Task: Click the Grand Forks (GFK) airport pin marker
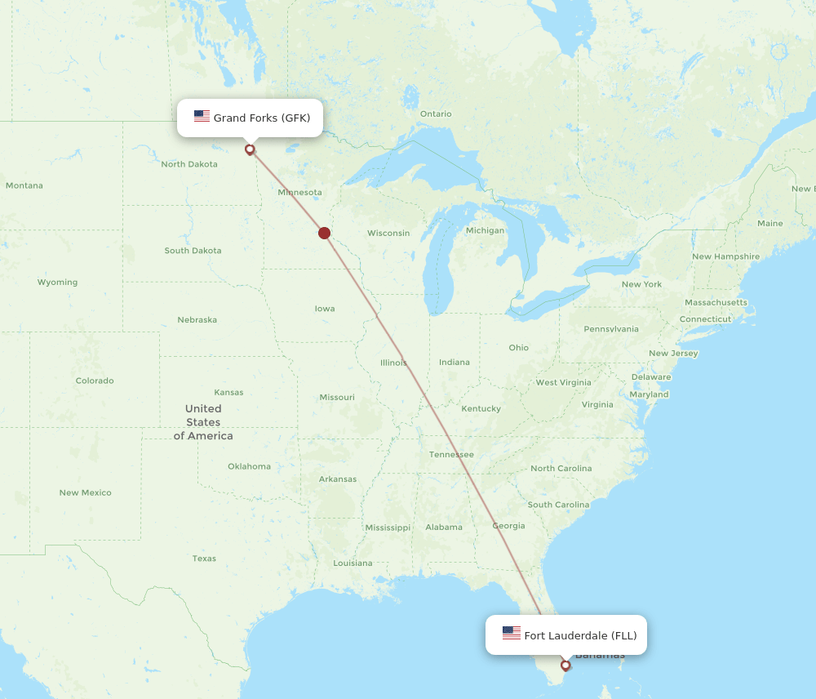coord(250,149)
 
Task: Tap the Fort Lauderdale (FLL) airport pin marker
coord(565,665)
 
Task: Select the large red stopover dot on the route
coord(324,233)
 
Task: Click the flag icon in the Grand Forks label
coord(202,117)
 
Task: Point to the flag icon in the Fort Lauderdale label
coord(512,634)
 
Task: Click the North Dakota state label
coord(189,164)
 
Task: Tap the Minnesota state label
coord(299,193)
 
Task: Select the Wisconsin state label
coord(388,234)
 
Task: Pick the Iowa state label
coord(325,309)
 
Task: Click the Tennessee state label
coord(451,455)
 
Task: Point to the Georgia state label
coord(508,526)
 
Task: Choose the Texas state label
coord(204,559)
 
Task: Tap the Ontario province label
coord(436,114)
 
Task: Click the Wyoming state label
coord(57,283)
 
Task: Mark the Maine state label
coord(769,223)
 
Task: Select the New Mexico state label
coord(85,492)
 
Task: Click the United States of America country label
coord(203,422)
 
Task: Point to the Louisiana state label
coord(353,563)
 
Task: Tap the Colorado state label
coord(95,381)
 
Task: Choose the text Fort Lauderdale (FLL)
coord(580,635)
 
